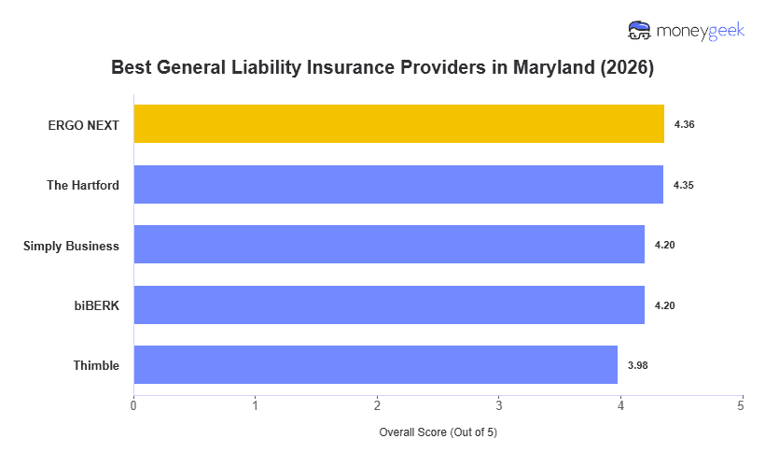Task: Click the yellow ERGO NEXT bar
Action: (x=398, y=124)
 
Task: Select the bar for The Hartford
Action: (x=398, y=185)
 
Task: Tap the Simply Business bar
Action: (x=389, y=245)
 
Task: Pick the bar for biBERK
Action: (x=389, y=305)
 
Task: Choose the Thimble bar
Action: (x=375, y=365)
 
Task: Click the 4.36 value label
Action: (x=684, y=124)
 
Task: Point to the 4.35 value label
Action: (x=683, y=185)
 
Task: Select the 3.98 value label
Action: (x=637, y=365)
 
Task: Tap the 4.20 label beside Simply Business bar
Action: (x=664, y=245)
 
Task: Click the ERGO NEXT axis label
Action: (x=83, y=124)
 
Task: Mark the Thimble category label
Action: (x=96, y=365)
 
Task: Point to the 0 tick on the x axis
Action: (x=133, y=405)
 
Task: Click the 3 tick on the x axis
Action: (x=499, y=405)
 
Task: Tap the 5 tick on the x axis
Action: (x=742, y=405)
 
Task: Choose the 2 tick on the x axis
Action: (x=377, y=405)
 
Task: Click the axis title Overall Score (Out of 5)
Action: (x=438, y=433)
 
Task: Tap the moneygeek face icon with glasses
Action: (x=639, y=30)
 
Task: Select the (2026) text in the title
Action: (x=626, y=68)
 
